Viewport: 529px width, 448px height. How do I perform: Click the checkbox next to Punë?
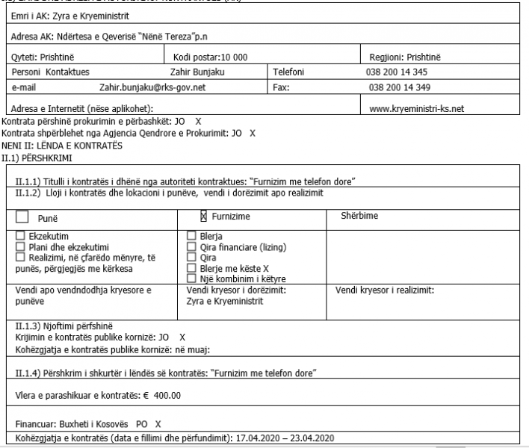(x=22, y=217)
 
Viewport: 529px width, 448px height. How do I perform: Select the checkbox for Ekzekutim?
(x=19, y=237)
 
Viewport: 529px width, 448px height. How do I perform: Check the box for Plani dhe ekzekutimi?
(x=19, y=246)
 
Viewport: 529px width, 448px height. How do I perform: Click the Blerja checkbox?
(x=191, y=237)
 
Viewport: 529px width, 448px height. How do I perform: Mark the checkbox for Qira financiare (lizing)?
(x=191, y=246)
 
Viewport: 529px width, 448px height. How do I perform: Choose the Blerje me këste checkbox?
(x=191, y=267)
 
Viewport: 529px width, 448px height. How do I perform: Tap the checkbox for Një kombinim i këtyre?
(x=191, y=278)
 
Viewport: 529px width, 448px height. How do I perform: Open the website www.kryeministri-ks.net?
(x=417, y=108)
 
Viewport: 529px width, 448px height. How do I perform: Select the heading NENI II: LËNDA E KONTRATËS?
(x=62, y=146)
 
